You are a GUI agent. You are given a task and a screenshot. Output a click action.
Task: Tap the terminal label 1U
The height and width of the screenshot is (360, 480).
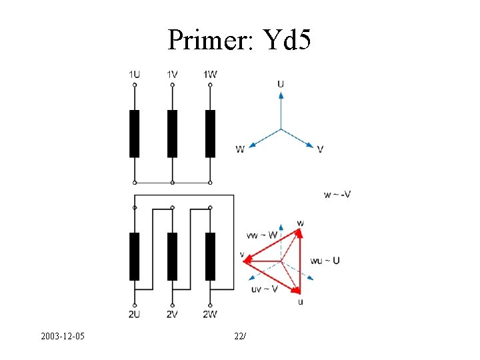tap(135, 74)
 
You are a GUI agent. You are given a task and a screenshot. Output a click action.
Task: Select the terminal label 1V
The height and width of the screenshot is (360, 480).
tap(172, 74)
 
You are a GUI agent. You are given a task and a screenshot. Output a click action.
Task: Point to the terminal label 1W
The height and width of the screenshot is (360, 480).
tap(210, 74)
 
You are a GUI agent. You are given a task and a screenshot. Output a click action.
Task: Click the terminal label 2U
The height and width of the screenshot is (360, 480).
tap(135, 314)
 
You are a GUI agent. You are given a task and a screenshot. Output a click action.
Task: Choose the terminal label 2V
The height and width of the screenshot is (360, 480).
tap(172, 314)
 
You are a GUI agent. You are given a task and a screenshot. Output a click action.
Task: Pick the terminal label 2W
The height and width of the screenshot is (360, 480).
tap(210, 314)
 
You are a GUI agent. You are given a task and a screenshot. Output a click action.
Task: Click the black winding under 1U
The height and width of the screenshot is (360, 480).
tap(135, 133)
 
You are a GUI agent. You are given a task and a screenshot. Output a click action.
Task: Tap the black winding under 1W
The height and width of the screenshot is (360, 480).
tap(210, 133)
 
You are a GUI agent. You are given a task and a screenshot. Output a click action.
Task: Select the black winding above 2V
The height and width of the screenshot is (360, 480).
tap(172, 256)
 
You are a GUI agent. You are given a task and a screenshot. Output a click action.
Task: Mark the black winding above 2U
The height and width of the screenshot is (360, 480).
tap(135, 256)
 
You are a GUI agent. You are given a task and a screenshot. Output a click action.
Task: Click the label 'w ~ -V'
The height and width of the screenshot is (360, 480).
tap(337, 195)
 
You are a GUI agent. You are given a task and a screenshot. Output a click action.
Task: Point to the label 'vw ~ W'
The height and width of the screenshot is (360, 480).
tap(261, 235)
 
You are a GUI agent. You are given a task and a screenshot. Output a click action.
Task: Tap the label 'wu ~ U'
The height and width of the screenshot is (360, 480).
tap(325, 260)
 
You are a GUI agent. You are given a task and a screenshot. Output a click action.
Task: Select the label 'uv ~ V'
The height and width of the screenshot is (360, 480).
tap(264, 289)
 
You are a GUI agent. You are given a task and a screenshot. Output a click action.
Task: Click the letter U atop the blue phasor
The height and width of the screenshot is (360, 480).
tap(281, 84)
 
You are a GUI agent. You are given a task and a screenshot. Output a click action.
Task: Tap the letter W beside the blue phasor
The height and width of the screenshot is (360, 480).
tap(239, 149)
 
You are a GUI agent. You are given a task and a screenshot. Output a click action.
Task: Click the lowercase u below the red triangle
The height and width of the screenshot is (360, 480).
tap(301, 302)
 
